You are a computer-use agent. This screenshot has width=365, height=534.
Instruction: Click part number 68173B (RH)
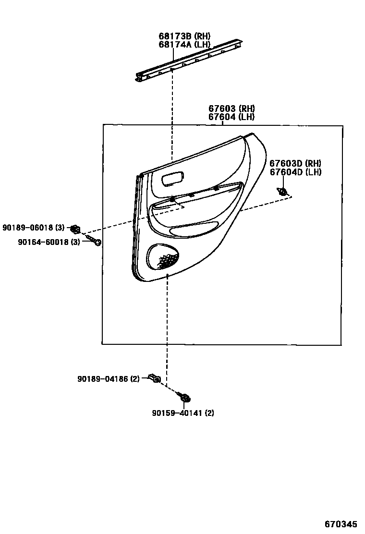[184, 36]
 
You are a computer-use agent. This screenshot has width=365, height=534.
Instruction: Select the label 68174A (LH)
[184, 45]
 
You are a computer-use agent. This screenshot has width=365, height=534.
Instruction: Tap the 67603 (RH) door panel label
[231, 109]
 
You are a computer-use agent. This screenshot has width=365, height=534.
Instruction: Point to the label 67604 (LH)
[231, 117]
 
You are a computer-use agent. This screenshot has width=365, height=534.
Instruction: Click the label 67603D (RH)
[295, 163]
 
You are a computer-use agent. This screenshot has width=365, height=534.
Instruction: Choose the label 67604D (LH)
[295, 172]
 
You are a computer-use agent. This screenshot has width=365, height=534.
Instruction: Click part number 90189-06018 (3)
[33, 228]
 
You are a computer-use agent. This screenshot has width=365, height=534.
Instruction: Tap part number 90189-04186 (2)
[109, 379]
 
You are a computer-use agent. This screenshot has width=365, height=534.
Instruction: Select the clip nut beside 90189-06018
[75, 228]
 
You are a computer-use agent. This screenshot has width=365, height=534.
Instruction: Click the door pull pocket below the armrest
[192, 226]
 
